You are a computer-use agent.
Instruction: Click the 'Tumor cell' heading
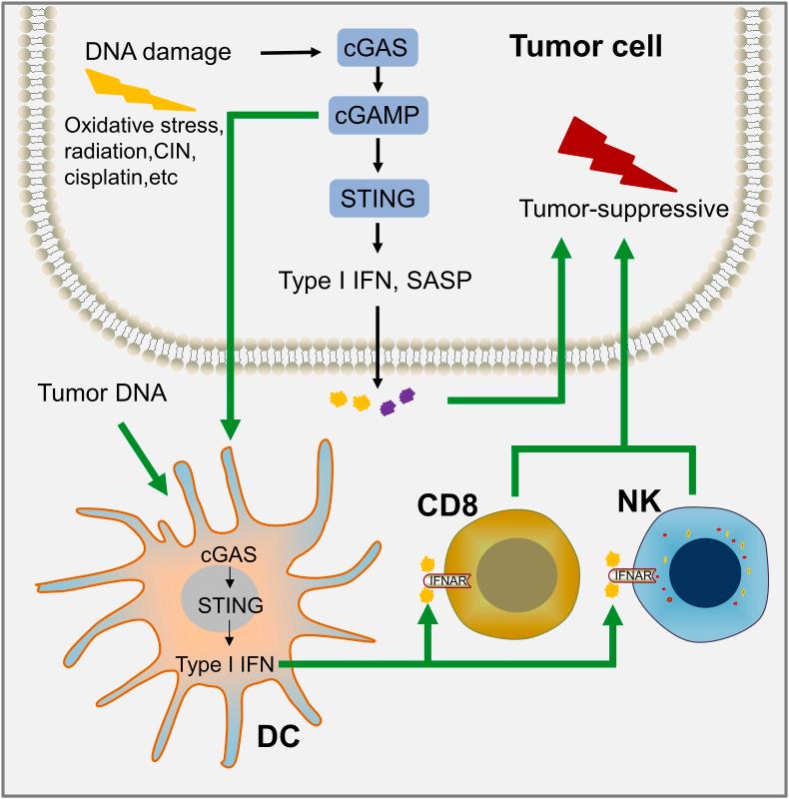(586, 46)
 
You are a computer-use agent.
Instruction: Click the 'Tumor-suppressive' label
(623, 208)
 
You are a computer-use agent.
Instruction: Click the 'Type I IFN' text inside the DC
(227, 664)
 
